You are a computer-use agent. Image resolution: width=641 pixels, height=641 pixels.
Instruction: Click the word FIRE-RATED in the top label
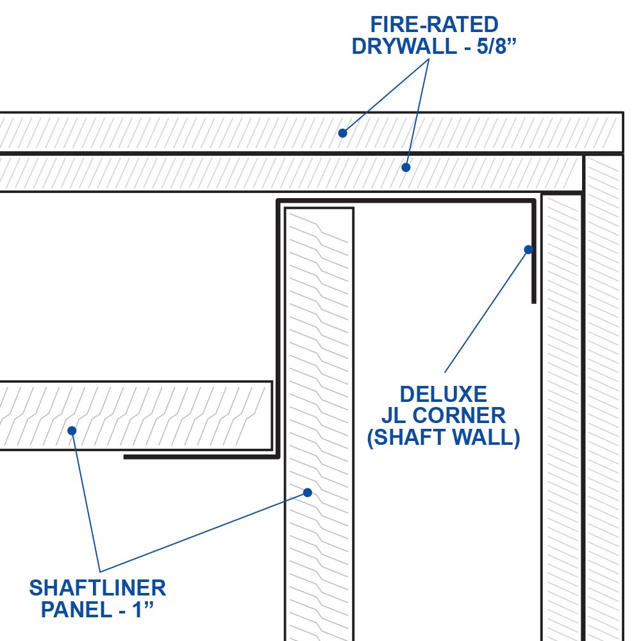tap(434, 24)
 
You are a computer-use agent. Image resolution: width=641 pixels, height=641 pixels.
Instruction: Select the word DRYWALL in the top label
tap(404, 46)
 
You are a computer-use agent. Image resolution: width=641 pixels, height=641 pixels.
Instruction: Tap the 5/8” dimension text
tap(497, 46)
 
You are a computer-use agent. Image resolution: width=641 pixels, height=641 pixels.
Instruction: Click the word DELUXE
tap(443, 394)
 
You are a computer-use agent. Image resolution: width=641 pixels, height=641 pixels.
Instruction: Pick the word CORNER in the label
tap(459, 416)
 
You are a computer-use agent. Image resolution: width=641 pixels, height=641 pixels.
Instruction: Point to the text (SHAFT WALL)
tap(444, 437)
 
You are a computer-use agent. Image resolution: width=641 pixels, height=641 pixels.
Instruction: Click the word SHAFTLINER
tap(97, 588)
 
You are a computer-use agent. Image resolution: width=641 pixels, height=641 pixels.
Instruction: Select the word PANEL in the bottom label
tap(77, 610)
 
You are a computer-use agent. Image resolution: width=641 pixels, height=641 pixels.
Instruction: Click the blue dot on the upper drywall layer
tap(342, 133)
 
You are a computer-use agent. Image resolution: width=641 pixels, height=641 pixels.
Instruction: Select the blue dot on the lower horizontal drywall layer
tap(406, 167)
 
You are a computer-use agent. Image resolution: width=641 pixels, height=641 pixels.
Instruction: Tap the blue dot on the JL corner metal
tap(528, 249)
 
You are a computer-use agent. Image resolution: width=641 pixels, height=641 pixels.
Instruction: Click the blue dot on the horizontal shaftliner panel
tap(72, 431)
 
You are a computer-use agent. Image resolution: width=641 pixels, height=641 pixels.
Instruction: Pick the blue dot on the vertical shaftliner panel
tap(308, 492)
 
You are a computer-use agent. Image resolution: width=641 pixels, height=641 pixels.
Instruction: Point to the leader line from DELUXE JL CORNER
tap(487, 311)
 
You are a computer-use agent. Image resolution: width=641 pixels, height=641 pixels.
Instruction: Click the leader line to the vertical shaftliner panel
tap(204, 532)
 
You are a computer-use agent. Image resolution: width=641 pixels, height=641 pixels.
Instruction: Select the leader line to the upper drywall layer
tap(385, 96)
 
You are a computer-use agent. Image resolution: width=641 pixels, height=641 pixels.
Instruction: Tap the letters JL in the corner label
tap(394, 416)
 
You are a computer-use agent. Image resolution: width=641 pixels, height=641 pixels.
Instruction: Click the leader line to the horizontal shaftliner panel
tap(86, 501)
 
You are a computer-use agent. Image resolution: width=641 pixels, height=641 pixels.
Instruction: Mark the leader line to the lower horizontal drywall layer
tap(417, 113)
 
